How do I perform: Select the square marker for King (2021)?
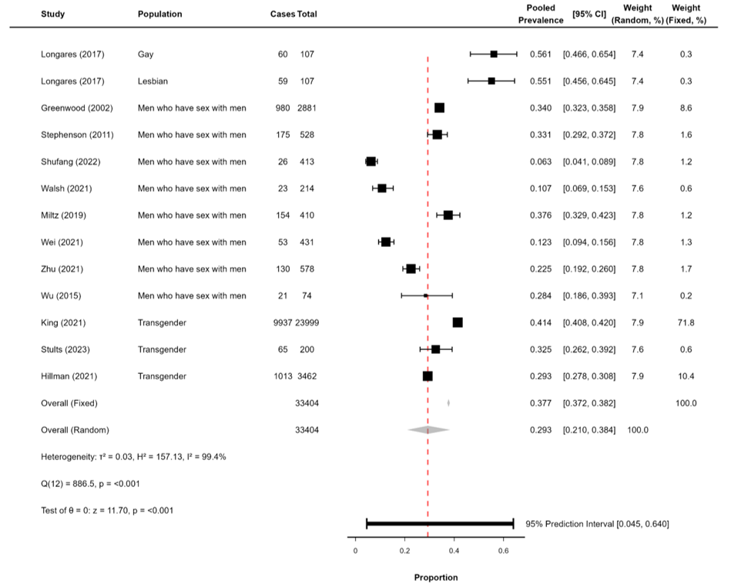458,322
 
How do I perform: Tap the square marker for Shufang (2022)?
371,162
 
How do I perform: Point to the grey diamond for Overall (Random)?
428,430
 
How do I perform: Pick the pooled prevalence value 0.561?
540,54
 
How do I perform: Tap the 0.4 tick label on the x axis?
454,551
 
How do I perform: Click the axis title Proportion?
436,577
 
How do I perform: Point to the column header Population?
160,14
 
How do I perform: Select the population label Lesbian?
153,81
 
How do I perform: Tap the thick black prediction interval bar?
440,524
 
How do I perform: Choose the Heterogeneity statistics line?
132,457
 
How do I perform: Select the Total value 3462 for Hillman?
307,376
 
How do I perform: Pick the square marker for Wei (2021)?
386,242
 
